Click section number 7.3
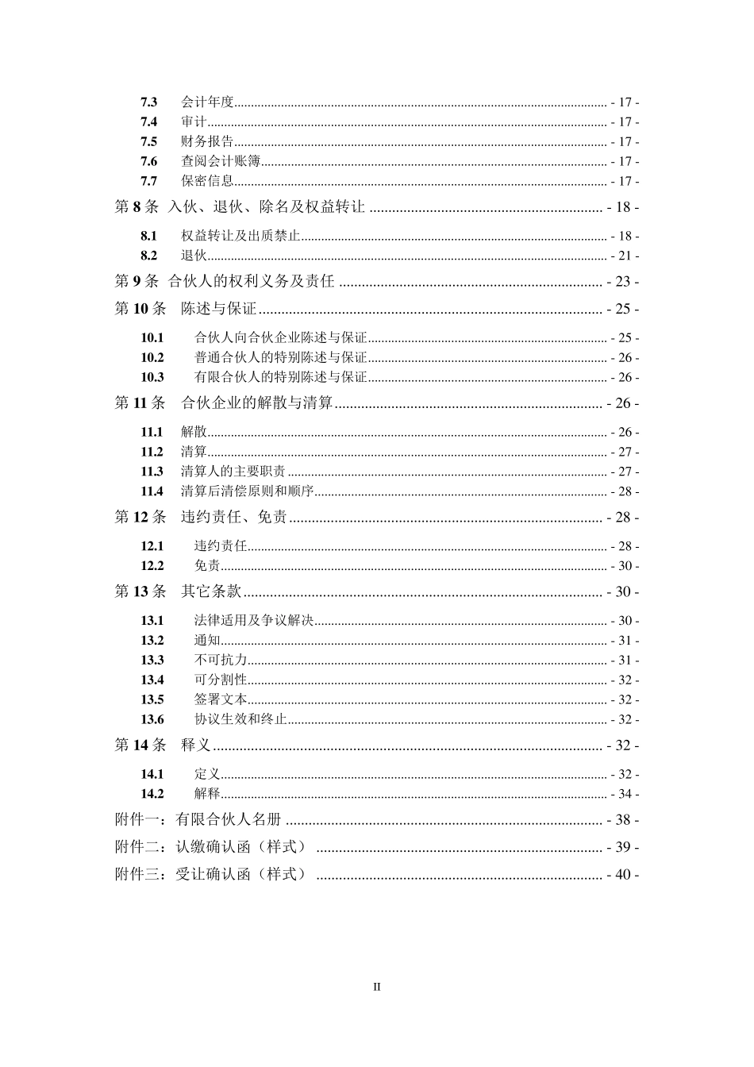click(148, 102)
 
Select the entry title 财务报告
click(207, 142)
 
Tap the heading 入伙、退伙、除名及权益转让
click(266, 207)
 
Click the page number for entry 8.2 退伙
click(625, 256)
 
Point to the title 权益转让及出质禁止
click(240, 237)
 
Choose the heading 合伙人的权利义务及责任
click(252, 282)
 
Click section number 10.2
click(152, 358)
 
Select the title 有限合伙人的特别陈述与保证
click(281, 378)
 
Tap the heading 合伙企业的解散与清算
click(257, 403)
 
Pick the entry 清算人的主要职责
click(233, 472)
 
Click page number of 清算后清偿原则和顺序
click(625, 492)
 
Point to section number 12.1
click(152, 547)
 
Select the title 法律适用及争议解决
click(254, 621)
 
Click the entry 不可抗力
click(221, 661)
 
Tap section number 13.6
click(152, 720)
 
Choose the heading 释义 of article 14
click(196, 745)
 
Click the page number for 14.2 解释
click(625, 795)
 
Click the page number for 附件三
click(622, 875)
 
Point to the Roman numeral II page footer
click(377, 988)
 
